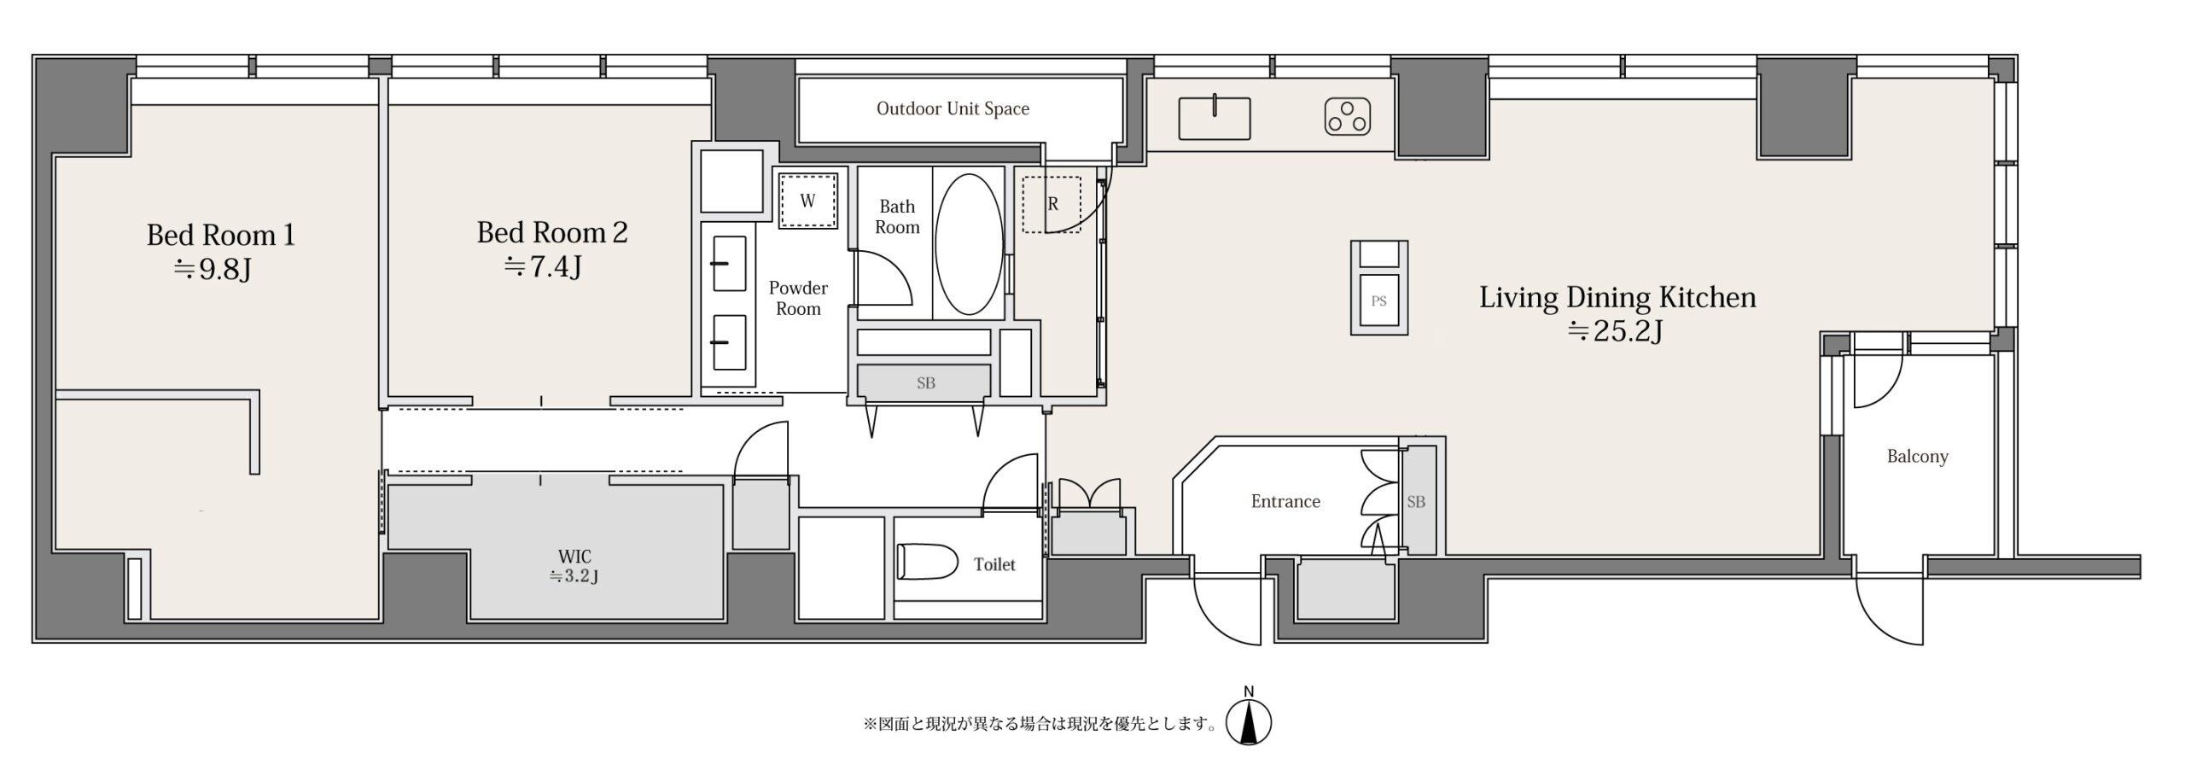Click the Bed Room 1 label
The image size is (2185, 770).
[220, 235]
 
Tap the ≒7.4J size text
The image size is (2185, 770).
[543, 267]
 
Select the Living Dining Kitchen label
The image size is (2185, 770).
[1617, 297]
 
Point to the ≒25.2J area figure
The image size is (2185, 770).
[1615, 330]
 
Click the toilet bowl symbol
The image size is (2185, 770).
[928, 562]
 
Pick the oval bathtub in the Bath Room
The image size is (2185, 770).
[969, 245]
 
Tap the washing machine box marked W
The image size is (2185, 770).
[807, 201]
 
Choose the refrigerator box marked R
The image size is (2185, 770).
[1052, 205]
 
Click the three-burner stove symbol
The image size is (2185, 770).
[1348, 118]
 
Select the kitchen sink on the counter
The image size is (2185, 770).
[1214, 118]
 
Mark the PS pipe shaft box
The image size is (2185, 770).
[1378, 287]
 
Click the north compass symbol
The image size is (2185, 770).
[1249, 720]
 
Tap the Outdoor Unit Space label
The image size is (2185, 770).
[953, 108]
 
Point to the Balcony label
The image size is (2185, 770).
[1917, 457]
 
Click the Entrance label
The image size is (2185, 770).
[1285, 501]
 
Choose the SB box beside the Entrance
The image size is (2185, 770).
[1416, 500]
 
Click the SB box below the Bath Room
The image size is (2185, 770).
[925, 382]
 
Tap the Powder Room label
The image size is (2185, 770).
[798, 298]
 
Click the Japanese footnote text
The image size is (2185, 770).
[1040, 725]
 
